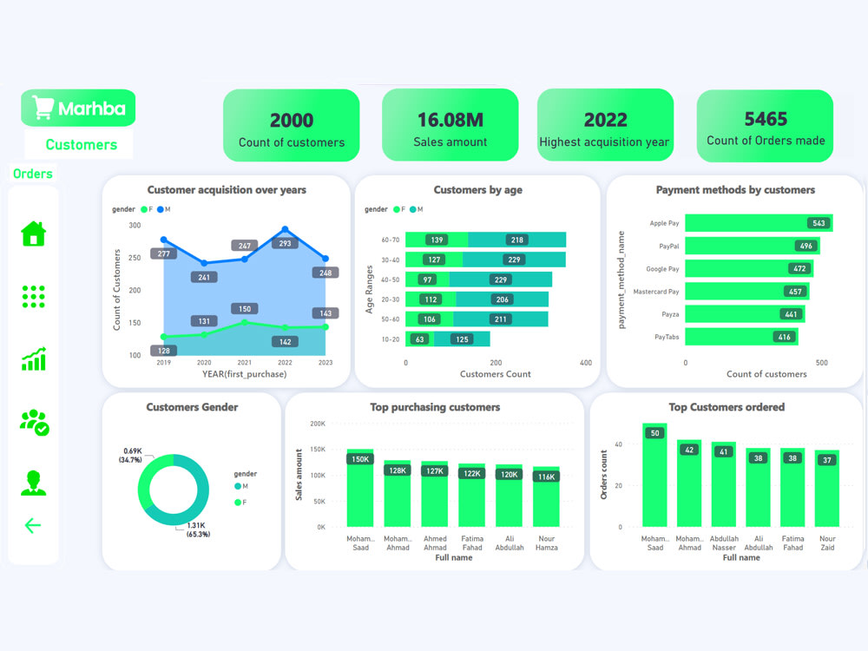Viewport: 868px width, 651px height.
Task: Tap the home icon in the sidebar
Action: click(x=33, y=233)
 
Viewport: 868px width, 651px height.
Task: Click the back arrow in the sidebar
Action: click(x=33, y=525)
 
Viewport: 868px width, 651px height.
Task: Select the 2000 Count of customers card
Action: click(x=291, y=125)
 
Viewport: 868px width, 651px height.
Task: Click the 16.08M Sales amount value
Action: click(x=450, y=120)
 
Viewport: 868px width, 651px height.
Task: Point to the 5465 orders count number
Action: click(x=766, y=119)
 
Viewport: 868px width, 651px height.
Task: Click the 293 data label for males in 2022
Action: click(x=286, y=244)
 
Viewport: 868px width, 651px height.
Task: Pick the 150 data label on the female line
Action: click(x=244, y=309)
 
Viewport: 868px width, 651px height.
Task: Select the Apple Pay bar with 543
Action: click(x=758, y=223)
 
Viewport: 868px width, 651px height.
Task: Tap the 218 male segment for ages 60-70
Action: click(x=516, y=240)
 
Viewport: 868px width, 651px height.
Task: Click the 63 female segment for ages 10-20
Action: click(x=421, y=339)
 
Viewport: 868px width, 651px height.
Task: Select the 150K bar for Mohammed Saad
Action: click(x=359, y=490)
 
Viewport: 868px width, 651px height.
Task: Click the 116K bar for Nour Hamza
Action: click(x=546, y=499)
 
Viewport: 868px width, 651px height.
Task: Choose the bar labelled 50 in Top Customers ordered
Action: click(x=654, y=477)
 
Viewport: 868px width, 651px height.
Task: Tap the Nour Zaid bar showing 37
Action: click(x=826, y=490)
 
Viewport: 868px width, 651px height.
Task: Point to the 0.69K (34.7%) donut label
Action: click(x=131, y=455)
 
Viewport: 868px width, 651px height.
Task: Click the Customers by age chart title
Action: click(x=477, y=190)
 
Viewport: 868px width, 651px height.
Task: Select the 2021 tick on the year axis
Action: click(x=244, y=363)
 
